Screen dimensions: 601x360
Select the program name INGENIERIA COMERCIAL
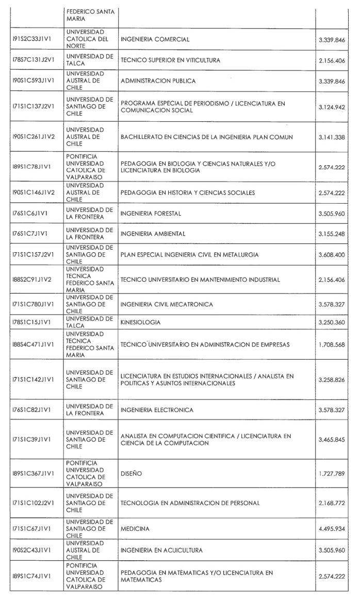155,39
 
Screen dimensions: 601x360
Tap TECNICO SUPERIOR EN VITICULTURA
170,60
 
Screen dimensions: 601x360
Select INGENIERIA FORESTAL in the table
151,213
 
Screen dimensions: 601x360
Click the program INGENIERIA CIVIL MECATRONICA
167,304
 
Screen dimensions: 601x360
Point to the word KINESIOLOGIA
140,322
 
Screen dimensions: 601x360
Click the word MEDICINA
135,528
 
